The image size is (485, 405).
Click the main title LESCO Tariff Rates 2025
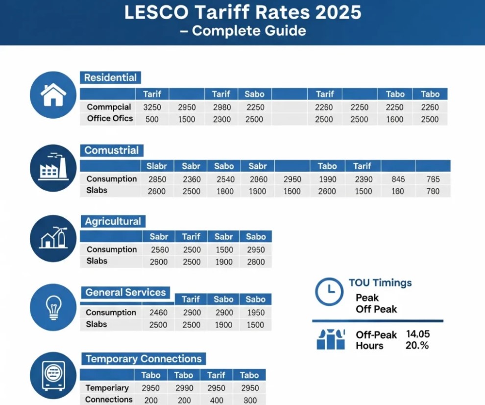(242, 12)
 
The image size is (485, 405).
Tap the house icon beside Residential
(53, 95)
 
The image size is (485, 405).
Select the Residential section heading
(110, 77)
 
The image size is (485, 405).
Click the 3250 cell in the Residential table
(152, 107)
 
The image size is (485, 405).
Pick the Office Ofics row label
(110, 119)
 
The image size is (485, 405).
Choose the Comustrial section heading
(111, 151)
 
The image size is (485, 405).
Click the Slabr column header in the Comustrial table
(157, 166)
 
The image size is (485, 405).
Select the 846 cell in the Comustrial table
(398, 179)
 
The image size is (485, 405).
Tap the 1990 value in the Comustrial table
(327, 179)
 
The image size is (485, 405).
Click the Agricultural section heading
(113, 222)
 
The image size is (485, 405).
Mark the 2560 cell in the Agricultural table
(159, 250)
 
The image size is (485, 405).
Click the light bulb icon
(53, 307)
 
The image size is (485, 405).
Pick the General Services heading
(125, 293)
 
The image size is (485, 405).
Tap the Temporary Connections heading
(144, 359)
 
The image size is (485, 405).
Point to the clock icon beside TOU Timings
(329, 292)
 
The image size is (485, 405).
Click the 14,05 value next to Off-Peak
(418, 334)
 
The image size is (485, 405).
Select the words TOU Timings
(380, 283)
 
